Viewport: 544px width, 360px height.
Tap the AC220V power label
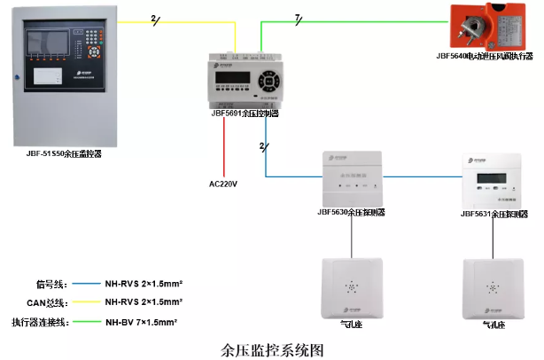click(224, 184)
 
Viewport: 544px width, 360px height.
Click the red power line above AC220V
click(225, 146)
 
